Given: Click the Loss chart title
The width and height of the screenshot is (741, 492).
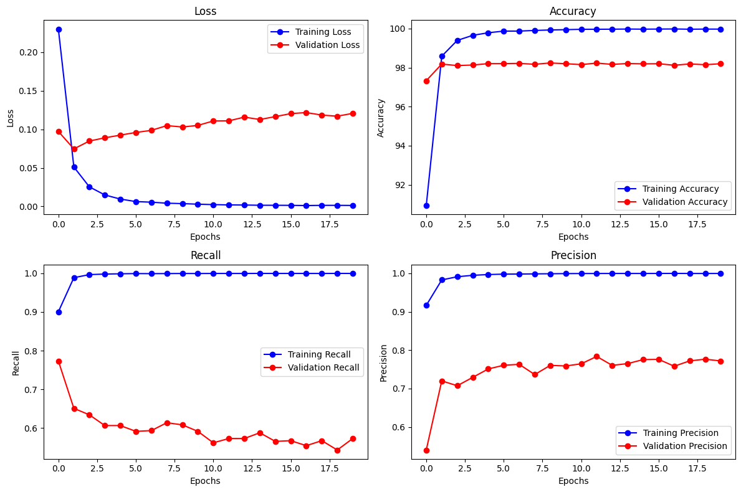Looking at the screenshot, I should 205,11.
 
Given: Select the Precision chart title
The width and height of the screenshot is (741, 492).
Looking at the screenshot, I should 573,255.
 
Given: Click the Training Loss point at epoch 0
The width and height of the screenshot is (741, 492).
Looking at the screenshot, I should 59,29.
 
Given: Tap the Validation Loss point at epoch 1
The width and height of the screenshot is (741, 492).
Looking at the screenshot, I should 74,149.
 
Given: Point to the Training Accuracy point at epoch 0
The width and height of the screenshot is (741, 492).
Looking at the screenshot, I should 426,206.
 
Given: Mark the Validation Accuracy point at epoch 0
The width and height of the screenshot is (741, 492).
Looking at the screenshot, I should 426,81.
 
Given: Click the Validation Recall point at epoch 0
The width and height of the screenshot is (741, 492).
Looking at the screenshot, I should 59,361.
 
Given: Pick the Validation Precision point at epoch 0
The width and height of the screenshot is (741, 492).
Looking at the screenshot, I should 426,450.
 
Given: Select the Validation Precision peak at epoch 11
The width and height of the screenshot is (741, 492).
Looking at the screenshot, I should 596,356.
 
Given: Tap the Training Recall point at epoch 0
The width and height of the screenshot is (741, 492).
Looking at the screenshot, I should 59,312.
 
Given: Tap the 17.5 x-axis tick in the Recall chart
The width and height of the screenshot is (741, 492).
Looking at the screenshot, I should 322,470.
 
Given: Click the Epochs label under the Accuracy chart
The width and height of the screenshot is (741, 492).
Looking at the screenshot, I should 573,237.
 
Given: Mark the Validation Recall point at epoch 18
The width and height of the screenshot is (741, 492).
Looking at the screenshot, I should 337,450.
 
